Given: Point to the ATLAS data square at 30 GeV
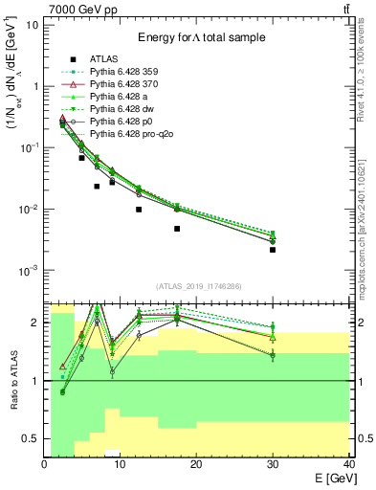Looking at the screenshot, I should pyautogui.click(x=273, y=250).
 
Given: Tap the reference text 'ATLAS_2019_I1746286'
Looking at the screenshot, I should pyautogui.click(x=197, y=286).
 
